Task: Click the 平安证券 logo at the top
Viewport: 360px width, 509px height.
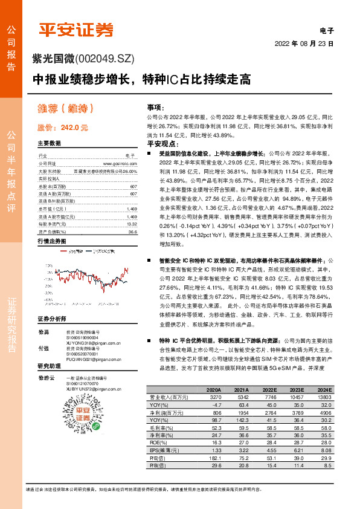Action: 76,29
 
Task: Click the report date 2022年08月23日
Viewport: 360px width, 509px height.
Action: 304,44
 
